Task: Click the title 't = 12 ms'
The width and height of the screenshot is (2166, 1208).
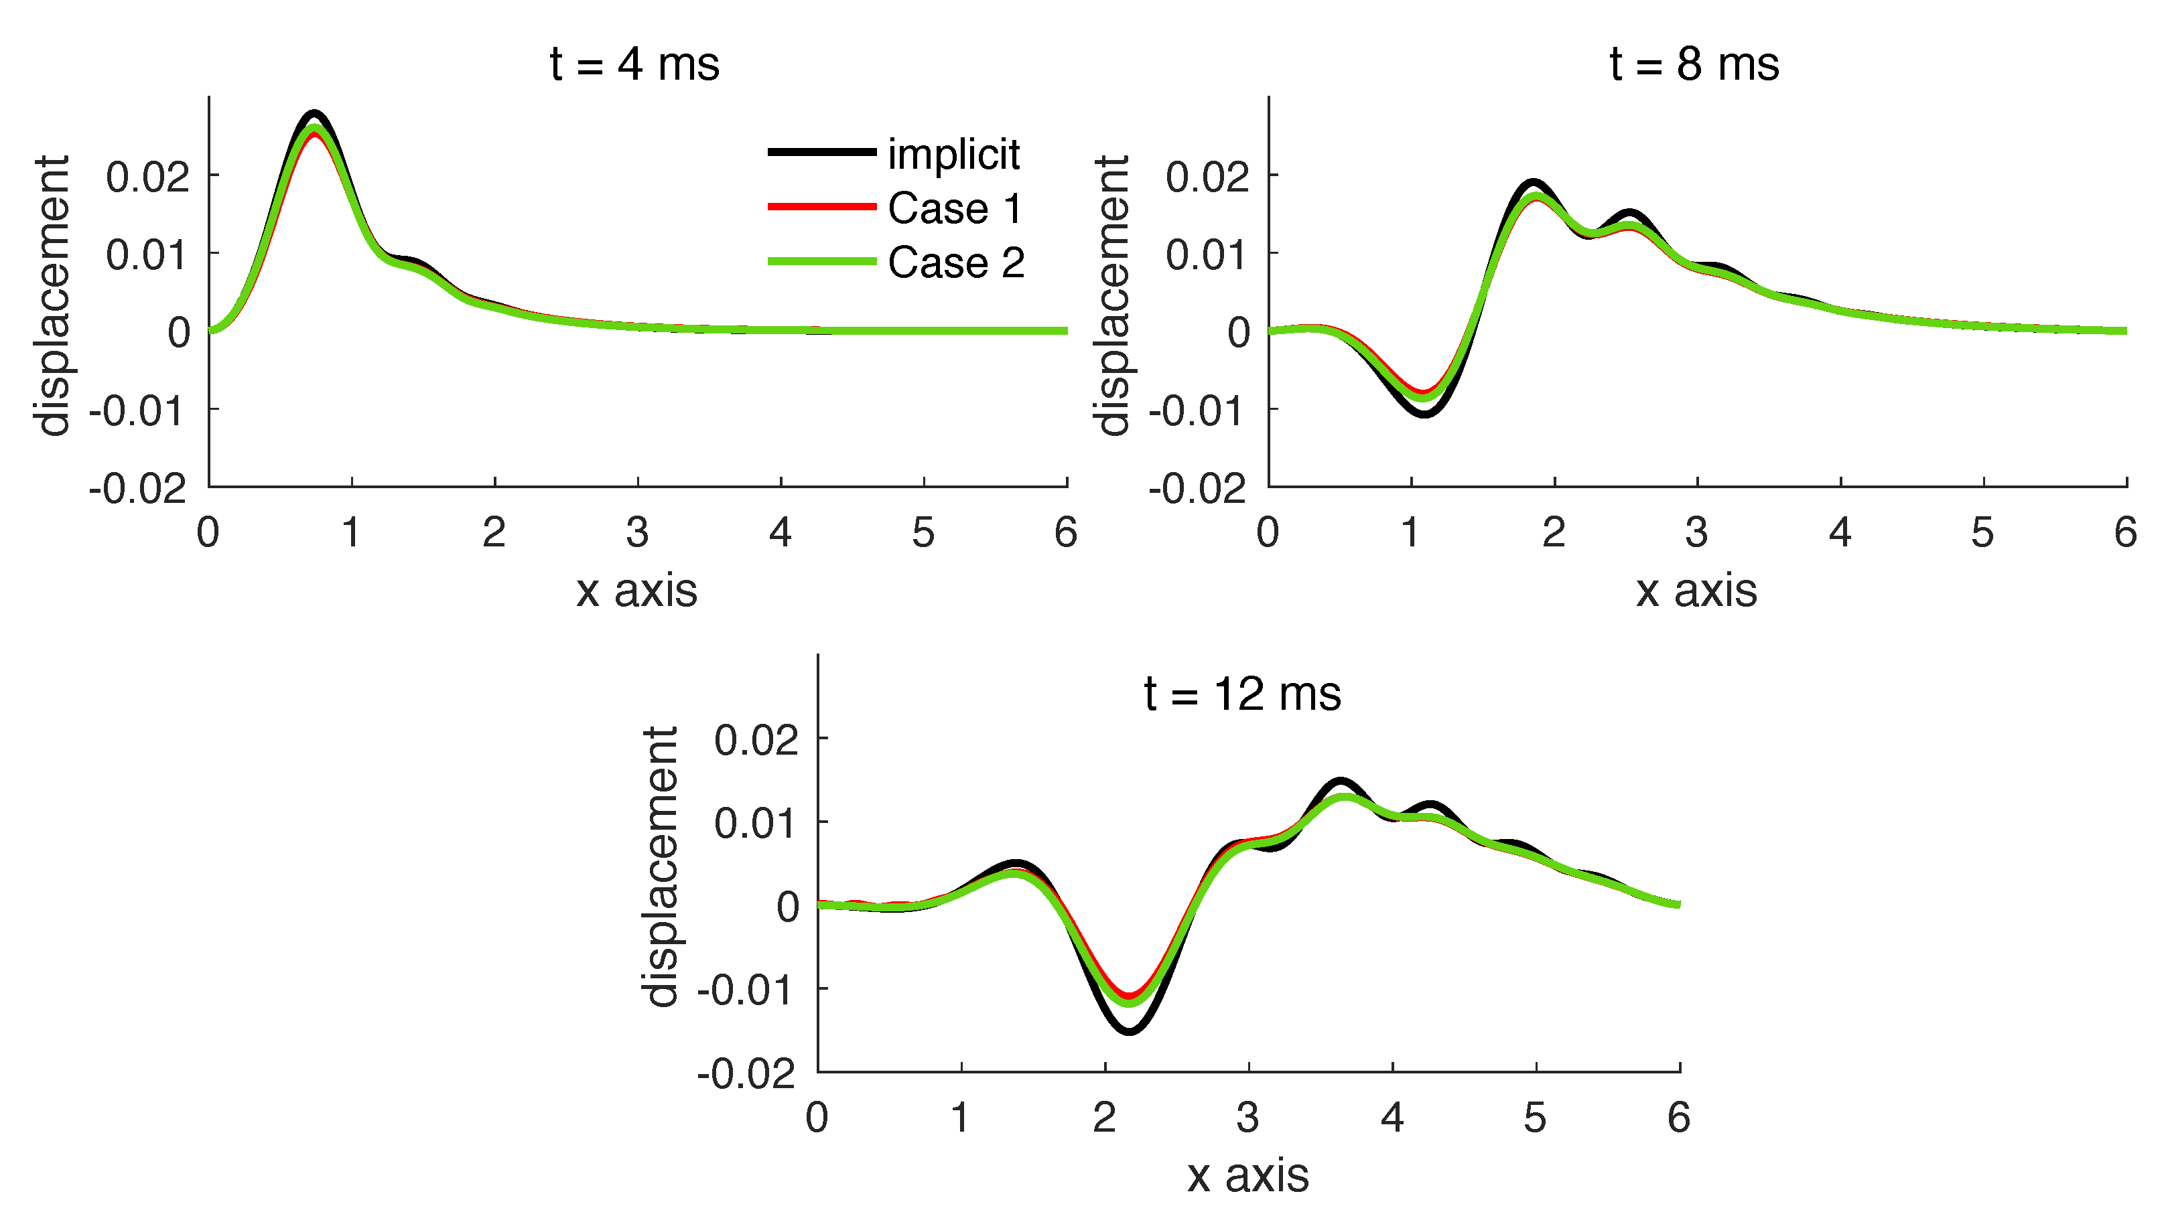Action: pyautogui.click(x=1242, y=694)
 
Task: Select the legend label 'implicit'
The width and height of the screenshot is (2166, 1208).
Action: pyautogui.click(x=953, y=154)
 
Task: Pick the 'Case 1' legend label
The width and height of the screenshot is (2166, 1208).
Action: pyautogui.click(x=955, y=208)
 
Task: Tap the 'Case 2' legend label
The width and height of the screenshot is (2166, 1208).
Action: pyautogui.click(x=956, y=262)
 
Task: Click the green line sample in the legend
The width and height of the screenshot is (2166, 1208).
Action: pyautogui.click(x=821, y=261)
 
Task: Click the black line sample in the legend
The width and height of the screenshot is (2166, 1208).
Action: pyautogui.click(x=821, y=152)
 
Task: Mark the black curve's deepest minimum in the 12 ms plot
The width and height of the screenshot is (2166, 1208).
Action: pyautogui.click(x=1130, y=1031)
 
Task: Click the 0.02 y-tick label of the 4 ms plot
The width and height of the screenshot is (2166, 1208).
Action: pyautogui.click(x=147, y=177)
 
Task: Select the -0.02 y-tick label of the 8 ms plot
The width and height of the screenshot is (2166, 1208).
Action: pyautogui.click(x=1197, y=488)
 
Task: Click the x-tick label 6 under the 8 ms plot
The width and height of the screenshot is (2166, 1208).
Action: pyautogui.click(x=2126, y=532)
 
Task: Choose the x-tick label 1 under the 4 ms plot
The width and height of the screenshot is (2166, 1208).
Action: pyautogui.click(x=350, y=532)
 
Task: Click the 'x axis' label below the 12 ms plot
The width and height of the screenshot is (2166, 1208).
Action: pyautogui.click(x=1247, y=1175)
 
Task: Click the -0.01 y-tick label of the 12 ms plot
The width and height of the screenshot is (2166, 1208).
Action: pyautogui.click(x=744, y=990)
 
